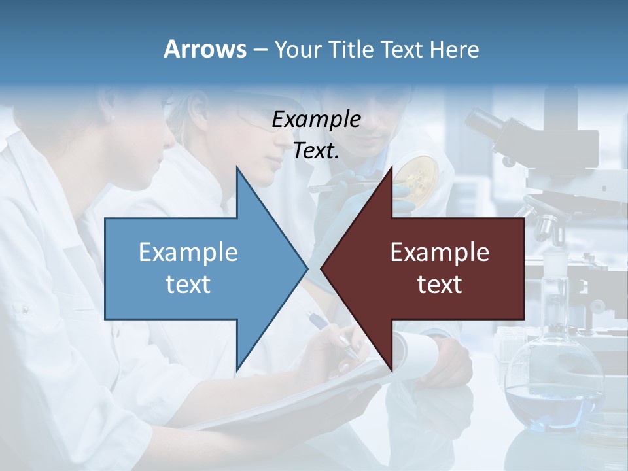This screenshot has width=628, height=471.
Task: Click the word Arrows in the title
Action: point(205,49)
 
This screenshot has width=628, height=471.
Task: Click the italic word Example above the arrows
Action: point(316,119)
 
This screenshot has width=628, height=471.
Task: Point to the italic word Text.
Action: point(316,151)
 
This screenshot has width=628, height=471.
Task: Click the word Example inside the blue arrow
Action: point(188,252)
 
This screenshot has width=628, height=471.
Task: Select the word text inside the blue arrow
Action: point(188,284)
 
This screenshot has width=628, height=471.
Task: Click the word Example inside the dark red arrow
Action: point(440,252)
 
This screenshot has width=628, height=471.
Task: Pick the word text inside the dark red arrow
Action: point(440,284)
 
